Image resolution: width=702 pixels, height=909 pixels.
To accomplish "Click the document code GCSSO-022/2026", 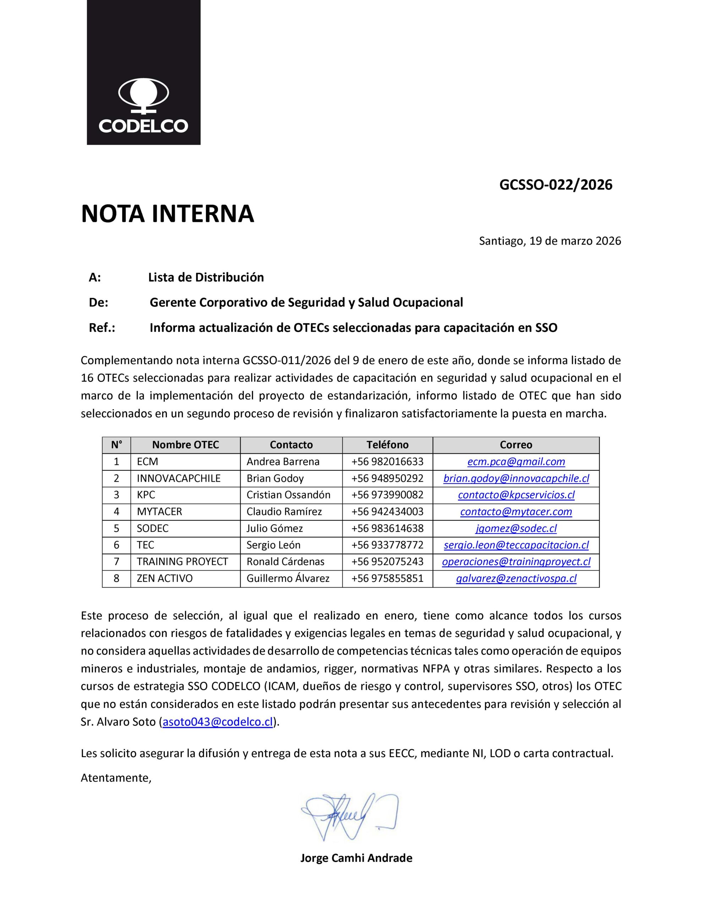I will coord(555,185).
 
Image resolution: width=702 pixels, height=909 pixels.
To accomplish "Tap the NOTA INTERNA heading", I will coord(167,214).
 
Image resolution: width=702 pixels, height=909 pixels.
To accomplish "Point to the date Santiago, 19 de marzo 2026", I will coord(550,241).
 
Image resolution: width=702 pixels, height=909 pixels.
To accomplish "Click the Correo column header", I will coord(516,445).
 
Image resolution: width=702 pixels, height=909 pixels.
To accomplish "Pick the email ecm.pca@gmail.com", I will coord(516,462).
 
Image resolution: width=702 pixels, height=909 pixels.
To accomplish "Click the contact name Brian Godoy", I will coord(275,478).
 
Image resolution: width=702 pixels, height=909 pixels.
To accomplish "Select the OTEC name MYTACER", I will coord(159,512).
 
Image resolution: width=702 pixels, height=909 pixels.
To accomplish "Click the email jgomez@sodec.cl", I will coord(516,528).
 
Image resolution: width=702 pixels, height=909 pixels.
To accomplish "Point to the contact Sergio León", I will coord(273,545).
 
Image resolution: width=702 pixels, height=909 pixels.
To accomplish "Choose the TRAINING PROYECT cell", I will coord(182,561).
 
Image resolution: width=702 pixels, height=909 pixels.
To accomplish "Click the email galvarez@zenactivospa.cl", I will coord(516,578).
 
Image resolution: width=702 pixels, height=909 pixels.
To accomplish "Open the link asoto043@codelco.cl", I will coord(218,722).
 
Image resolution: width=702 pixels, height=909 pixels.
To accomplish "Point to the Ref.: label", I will coord(102,328).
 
